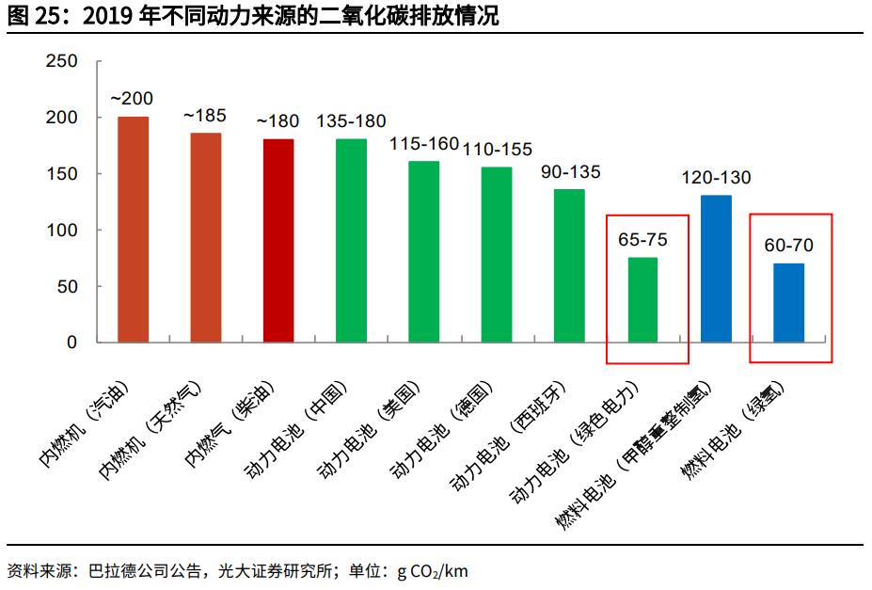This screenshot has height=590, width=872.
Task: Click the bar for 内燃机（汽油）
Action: (x=134, y=230)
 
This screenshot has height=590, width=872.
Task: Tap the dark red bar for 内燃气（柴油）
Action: (x=278, y=241)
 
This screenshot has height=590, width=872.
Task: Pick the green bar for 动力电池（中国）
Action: (x=351, y=241)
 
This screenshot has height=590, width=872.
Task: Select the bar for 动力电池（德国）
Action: (x=497, y=254)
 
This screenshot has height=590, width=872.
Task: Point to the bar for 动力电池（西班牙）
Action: (x=569, y=265)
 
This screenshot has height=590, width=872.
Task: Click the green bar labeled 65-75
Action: (x=642, y=299)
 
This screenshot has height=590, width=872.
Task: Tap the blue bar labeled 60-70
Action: (x=788, y=302)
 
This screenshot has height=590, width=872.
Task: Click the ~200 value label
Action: (x=132, y=99)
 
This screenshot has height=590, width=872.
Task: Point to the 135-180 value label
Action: (x=351, y=121)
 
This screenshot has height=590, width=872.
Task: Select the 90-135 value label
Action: (x=570, y=172)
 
